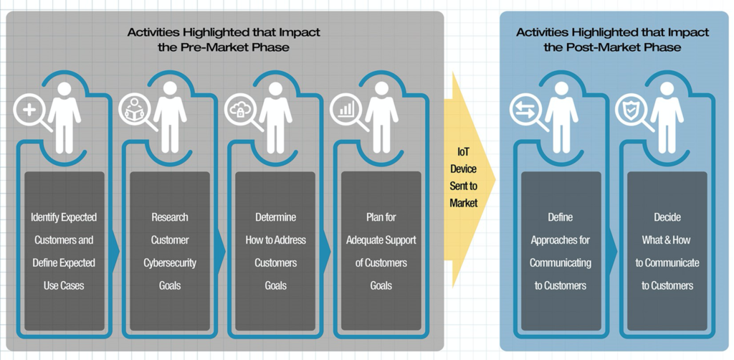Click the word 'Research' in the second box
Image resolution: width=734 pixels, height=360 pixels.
tap(170, 217)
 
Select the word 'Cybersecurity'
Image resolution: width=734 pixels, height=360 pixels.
tap(170, 262)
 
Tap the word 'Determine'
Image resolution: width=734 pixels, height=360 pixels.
tap(275, 217)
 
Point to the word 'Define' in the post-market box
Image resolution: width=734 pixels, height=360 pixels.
tap(560, 217)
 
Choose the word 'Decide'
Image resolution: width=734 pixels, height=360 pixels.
tap(667, 217)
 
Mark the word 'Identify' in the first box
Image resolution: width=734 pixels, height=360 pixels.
tap(44, 217)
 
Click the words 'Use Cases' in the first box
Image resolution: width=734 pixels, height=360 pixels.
tap(64, 285)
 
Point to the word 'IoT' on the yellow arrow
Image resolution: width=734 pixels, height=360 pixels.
tap(463, 152)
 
